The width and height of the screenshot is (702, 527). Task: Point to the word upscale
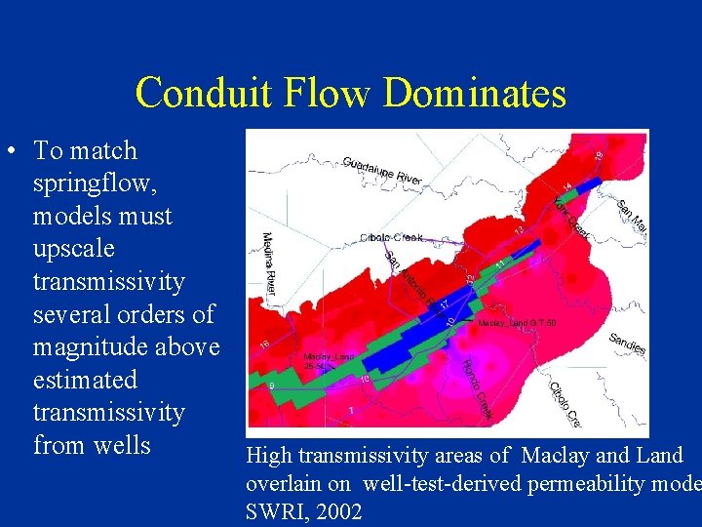pos(73,249)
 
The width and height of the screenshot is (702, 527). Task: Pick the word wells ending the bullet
pos(123,445)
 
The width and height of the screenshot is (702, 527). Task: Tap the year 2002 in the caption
pos(333,511)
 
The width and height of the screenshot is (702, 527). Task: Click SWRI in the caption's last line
pos(275,511)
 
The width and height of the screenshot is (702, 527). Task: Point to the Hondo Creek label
pos(477,390)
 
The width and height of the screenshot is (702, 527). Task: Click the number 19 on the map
pos(599,153)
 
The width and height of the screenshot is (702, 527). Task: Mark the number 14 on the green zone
pos(566,185)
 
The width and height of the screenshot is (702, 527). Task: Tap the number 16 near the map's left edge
pos(264,344)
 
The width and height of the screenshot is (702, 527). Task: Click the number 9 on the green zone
pos(271,386)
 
